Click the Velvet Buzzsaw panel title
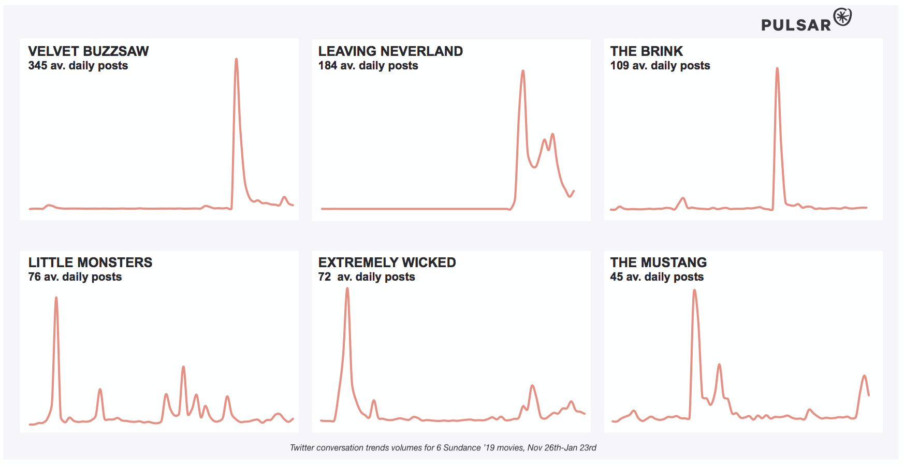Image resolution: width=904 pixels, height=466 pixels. point(89,51)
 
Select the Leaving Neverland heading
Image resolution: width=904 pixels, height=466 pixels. point(390,51)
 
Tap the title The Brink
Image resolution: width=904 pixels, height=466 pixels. point(646,51)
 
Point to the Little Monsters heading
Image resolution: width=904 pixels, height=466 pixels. point(90,263)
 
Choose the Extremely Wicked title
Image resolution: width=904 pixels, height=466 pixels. point(387,263)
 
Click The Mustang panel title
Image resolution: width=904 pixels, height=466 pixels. point(658,263)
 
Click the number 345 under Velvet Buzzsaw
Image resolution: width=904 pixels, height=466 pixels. point(38,66)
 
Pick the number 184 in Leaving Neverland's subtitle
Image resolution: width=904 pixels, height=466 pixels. point(328,66)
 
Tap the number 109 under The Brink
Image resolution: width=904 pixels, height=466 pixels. point(620,66)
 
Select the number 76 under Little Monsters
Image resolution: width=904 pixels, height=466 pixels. point(34,277)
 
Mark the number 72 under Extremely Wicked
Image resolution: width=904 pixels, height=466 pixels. point(325,277)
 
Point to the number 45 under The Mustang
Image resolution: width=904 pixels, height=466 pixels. point(616,277)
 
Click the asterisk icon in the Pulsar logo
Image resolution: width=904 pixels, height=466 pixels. point(842,17)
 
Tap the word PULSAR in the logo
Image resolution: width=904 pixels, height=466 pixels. point(796,25)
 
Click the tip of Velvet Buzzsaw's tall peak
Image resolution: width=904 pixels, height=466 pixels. point(236,59)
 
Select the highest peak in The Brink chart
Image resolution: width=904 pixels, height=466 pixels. point(777,68)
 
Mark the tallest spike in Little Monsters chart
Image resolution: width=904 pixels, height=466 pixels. point(56,298)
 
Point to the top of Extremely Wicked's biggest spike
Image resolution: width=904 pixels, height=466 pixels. point(347,288)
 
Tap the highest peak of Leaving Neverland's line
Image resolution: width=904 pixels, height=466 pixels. point(523,71)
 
